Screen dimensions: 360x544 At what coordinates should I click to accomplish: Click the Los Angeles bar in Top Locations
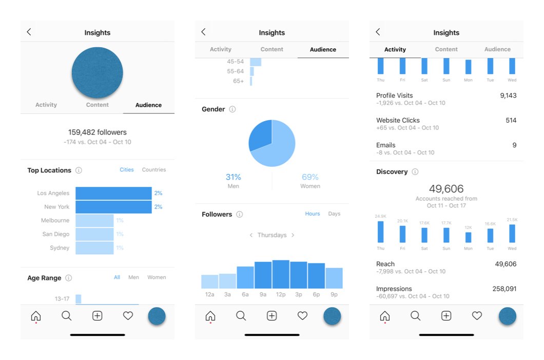(x=113, y=193)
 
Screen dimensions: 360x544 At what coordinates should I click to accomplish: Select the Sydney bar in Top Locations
(x=94, y=248)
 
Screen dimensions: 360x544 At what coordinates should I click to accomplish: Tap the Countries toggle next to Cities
(x=154, y=170)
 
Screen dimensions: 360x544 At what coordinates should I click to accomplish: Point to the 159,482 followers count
(x=98, y=132)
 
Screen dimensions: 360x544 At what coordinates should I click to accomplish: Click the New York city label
(x=56, y=207)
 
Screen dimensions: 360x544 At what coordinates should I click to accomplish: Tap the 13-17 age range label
(x=62, y=298)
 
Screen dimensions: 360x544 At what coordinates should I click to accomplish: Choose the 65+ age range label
(x=238, y=81)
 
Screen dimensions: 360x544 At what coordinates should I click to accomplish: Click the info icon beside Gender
(x=232, y=109)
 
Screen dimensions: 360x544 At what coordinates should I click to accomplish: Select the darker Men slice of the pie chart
(x=260, y=135)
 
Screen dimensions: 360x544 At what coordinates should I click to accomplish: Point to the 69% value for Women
(x=310, y=177)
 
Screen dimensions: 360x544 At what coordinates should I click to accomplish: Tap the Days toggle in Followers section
(x=334, y=214)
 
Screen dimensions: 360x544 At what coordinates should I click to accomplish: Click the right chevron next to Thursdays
(x=293, y=235)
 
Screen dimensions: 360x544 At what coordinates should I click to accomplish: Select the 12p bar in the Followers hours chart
(x=281, y=274)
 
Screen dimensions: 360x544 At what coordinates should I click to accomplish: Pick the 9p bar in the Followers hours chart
(x=334, y=278)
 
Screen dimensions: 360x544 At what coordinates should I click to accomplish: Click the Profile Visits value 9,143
(x=508, y=96)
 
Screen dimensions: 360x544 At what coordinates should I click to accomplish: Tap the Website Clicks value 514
(x=511, y=121)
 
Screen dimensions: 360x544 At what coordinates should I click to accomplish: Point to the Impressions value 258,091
(x=504, y=289)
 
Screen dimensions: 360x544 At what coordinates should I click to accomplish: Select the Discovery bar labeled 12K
(x=468, y=237)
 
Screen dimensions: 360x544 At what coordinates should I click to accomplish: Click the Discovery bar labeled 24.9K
(x=380, y=232)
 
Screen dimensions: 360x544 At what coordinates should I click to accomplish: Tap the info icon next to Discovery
(x=415, y=172)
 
